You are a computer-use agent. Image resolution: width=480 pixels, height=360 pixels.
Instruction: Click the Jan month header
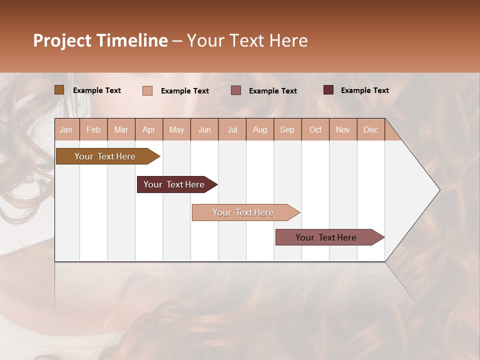66,129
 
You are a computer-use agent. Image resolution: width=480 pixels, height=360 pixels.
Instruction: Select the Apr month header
149,129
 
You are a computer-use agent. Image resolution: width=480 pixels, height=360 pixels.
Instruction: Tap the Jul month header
232,129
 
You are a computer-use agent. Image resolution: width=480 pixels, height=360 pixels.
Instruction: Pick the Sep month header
287,129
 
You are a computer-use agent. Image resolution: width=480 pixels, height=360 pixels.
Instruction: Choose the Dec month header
370,129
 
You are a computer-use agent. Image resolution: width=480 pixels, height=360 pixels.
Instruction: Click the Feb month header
93,129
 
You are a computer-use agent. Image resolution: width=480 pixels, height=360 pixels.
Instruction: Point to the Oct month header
315,129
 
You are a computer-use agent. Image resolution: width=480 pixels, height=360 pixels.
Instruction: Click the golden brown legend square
59,90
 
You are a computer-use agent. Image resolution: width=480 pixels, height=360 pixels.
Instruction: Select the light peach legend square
147,90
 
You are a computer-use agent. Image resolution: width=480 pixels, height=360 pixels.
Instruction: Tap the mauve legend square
236,90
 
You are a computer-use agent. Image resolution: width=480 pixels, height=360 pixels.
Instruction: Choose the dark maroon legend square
328,90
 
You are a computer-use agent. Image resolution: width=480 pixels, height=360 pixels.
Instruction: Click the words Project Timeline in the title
100,40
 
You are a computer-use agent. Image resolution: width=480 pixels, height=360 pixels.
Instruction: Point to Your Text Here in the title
247,40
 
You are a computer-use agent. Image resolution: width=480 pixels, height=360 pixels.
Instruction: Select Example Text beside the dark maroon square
364,90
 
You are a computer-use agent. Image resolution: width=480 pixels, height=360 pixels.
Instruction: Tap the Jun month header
204,129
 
